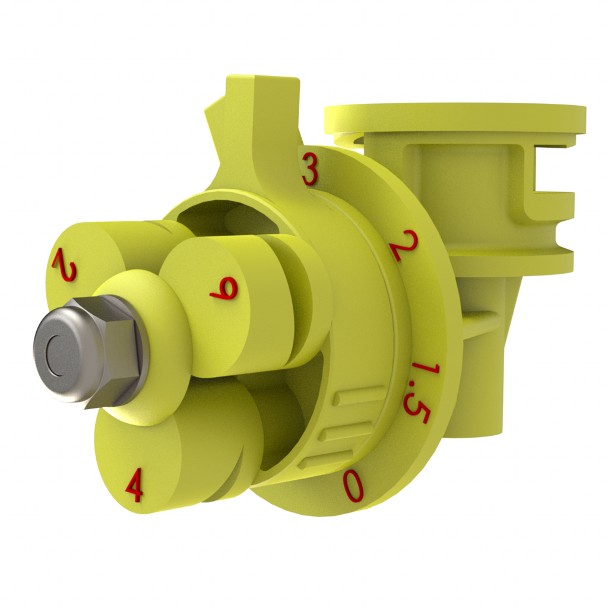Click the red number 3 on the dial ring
click(309, 169)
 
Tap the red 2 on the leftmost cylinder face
click(65, 265)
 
